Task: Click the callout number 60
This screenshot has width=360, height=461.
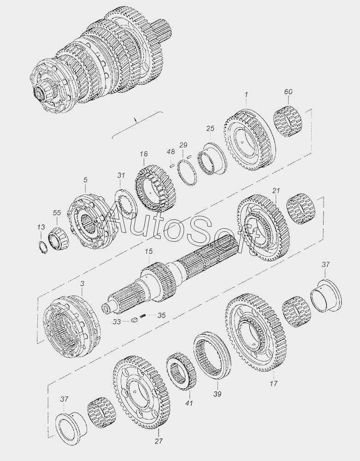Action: [288, 92]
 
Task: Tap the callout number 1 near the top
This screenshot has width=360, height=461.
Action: [246, 95]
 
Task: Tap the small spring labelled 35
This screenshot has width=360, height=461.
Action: [142, 316]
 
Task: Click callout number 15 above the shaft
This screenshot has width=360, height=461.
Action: [149, 251]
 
